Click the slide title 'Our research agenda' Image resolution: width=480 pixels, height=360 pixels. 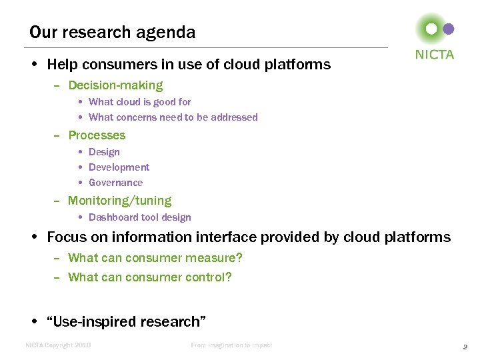112,32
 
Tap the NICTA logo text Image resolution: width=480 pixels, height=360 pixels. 434,55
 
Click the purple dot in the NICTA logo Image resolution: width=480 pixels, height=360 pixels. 449,29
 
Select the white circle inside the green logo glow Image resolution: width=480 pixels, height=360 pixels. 431,29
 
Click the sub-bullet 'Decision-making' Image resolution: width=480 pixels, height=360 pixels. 115,85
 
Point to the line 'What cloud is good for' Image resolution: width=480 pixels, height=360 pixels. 139,102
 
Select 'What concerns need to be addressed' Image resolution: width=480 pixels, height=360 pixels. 173,117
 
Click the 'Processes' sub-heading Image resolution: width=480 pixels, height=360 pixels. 97,135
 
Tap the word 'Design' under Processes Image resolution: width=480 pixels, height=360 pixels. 104,152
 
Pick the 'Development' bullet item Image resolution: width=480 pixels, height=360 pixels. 119,167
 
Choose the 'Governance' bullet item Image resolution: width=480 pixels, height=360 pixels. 115,183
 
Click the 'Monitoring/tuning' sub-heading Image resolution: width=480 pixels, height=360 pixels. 119,201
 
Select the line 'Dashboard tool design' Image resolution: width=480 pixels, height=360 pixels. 139,217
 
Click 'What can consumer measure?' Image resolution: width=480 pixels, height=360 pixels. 155,258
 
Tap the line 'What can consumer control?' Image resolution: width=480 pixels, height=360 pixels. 149,277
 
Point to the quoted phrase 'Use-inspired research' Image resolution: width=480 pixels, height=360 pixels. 126,322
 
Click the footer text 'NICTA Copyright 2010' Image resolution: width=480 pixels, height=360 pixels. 58,345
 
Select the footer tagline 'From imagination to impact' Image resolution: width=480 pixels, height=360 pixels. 231,345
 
